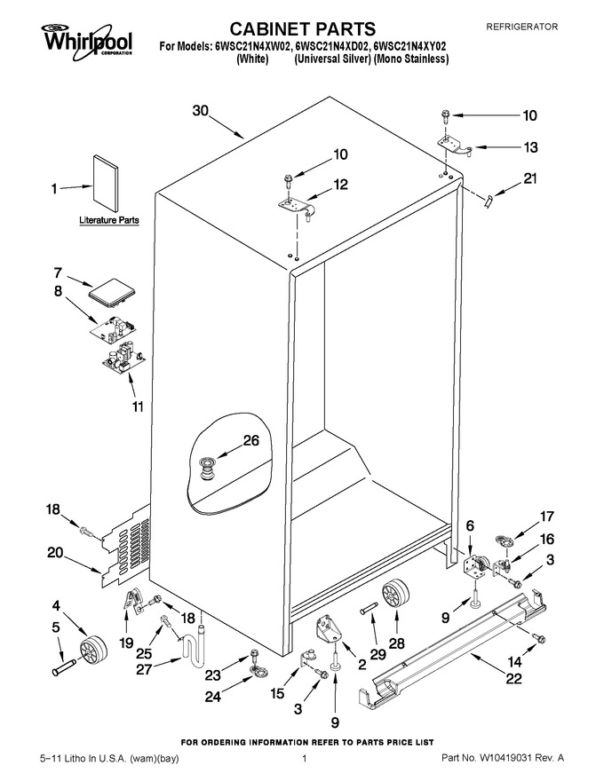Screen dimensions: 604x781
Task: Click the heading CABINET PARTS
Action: coord(303,29)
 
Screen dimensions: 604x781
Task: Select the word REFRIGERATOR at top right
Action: coord(521,27)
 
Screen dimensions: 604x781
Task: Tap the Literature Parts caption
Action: coord(109,220)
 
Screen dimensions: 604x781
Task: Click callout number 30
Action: coord(201,111)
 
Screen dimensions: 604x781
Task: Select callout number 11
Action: coord(138,406)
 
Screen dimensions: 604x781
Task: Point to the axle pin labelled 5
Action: coord(64,667)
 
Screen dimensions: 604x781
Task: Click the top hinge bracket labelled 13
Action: coord(455,146)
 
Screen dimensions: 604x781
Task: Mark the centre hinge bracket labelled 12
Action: coord(296,209)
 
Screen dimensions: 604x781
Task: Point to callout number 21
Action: coord(529,177)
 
